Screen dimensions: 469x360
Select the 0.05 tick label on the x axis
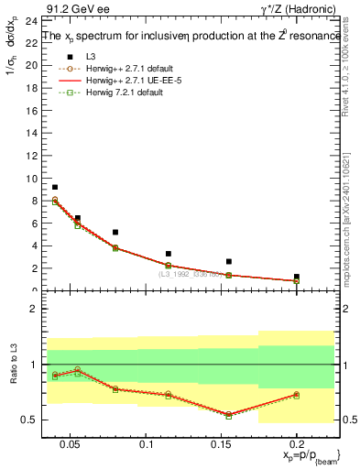(x=61, y=444)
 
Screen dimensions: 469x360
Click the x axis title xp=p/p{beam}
(x=300, y=456)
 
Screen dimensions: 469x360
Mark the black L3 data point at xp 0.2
(x=296, y=277)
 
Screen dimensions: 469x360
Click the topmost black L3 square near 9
(x=55, y=187)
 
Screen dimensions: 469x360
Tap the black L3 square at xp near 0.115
(x=169, y=254)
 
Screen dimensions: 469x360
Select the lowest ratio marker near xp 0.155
(x=229, y=415)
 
